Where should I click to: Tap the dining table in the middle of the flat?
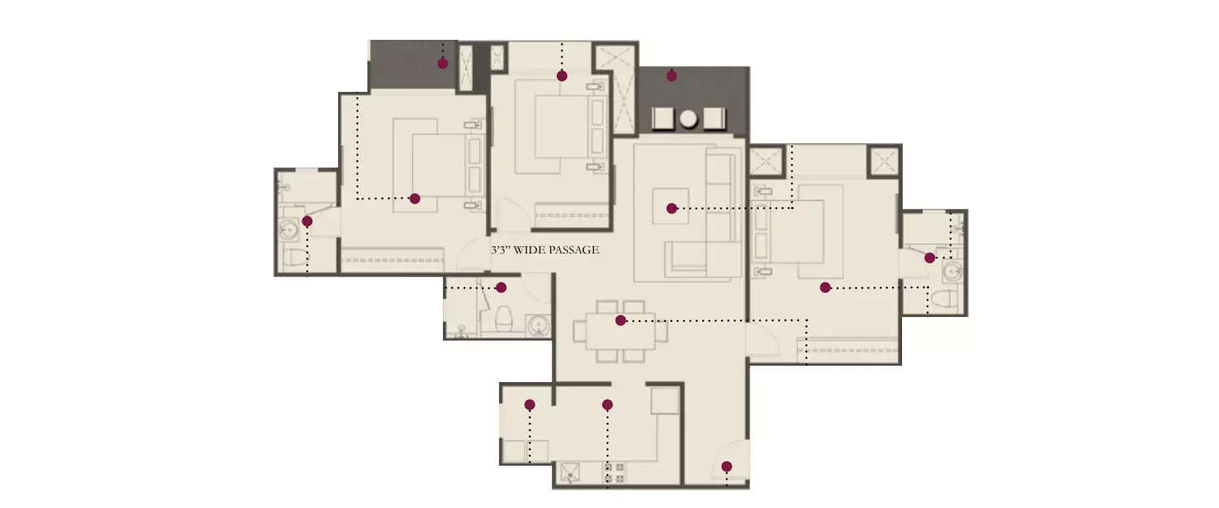(620, 332)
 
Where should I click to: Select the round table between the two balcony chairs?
(688, 119)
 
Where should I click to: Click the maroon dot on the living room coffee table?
(671, 209)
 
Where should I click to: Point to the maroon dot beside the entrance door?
(727, 467)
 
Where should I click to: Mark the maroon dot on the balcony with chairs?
(671, 76)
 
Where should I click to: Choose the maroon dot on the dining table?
(620, 320)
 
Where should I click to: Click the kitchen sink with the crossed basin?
(571, 472)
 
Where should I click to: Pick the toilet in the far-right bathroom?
(941, 297)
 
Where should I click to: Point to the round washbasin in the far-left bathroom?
(290, 230)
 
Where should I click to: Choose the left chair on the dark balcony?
(663, 119)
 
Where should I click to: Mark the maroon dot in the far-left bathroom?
(307, 221)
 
